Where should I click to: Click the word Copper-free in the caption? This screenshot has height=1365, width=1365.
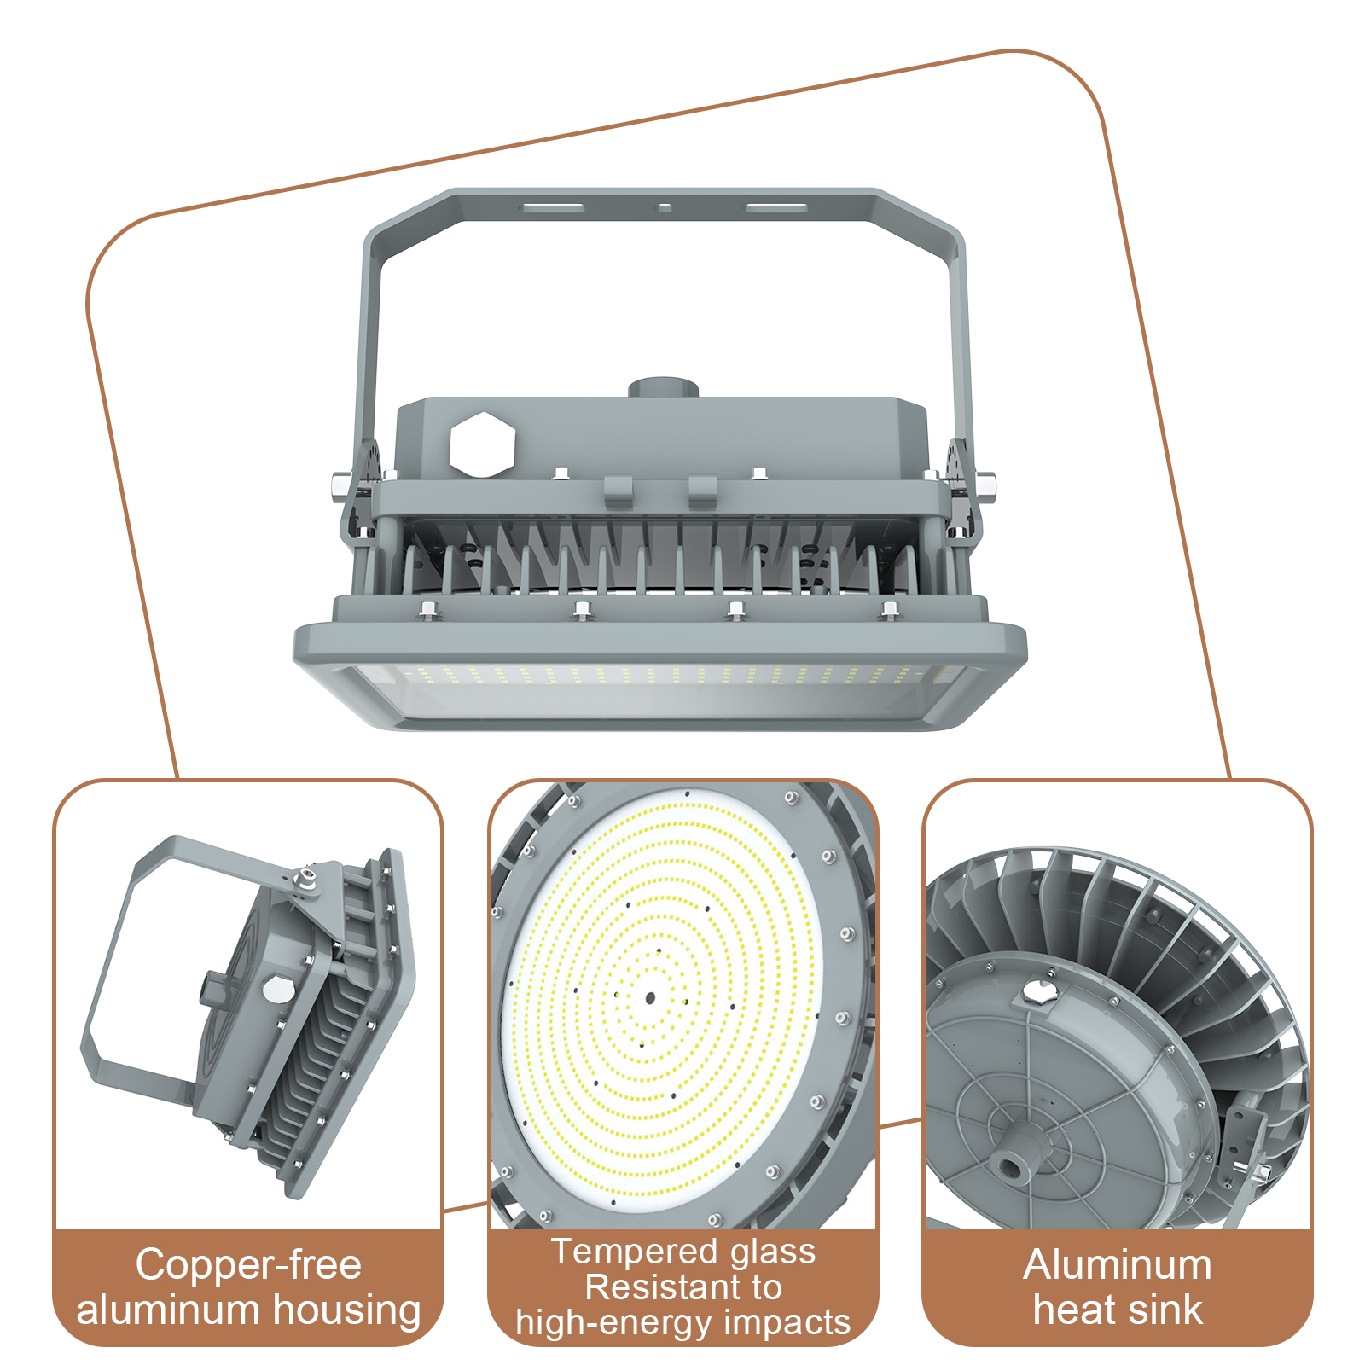[248, 1264]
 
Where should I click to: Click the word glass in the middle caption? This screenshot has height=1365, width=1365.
[773, 1252]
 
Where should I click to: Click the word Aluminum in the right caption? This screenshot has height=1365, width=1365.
[1118, 1264]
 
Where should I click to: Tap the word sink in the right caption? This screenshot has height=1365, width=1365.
[1162, 1310]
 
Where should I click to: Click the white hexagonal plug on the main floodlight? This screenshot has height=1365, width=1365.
[482, 444]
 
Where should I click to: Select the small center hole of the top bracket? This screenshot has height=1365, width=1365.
[665, 207]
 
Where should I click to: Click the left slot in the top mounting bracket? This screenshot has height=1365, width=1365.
[553, 207]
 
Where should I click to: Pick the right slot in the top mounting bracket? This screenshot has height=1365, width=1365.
[776, 207]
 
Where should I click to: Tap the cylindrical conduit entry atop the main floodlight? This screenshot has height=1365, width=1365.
[664, 389]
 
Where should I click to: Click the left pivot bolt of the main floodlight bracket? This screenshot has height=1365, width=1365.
[339, 485]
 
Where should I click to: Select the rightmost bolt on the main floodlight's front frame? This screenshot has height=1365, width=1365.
[889, 609]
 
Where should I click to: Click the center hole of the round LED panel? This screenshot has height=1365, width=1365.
[650, 997]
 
